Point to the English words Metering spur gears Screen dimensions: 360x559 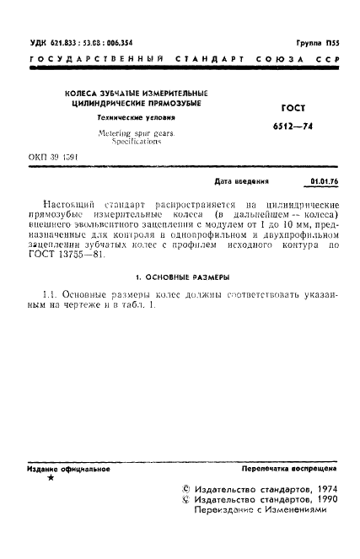point(130,135)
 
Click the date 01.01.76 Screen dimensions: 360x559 point(325,181)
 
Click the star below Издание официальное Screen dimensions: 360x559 point(51,478)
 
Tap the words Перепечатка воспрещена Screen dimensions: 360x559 point(289,467)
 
